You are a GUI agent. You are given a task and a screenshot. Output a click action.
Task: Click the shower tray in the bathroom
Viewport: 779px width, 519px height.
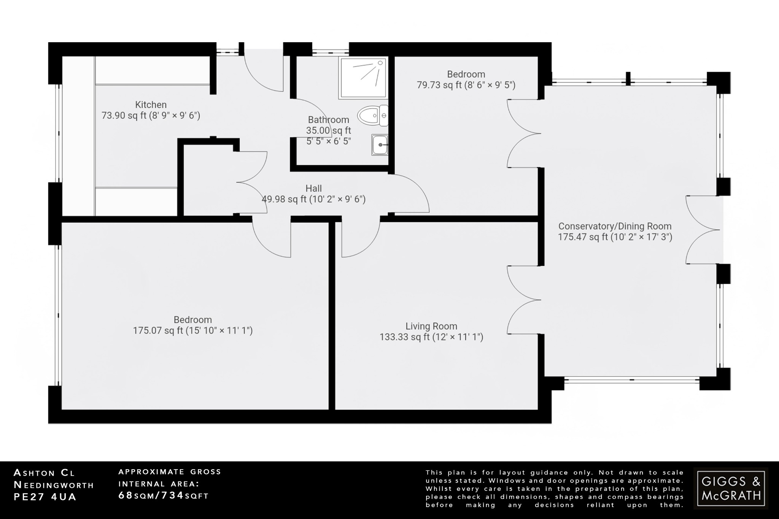point(363,78)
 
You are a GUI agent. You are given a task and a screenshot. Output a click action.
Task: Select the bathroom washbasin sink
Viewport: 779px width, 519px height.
point(380,145)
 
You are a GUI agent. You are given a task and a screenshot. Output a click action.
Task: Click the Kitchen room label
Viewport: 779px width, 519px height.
point(151,105)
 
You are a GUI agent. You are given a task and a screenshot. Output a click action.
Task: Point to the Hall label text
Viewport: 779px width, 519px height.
point(313,188)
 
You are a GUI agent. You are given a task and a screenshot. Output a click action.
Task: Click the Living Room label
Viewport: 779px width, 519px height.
point(431,326)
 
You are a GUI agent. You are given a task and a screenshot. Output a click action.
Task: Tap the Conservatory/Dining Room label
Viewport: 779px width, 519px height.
point(615,226)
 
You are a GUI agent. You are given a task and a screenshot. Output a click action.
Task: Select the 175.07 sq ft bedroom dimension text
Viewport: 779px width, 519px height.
point(192,330)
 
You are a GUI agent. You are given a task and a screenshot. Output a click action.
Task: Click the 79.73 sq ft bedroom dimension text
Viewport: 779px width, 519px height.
point(466,85)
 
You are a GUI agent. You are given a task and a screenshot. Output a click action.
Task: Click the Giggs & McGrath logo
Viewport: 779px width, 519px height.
point(731,488)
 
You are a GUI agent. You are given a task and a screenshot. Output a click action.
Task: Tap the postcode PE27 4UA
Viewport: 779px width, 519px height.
point(45,497)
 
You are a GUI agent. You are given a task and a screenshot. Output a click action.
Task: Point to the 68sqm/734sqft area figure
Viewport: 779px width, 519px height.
point(164,495)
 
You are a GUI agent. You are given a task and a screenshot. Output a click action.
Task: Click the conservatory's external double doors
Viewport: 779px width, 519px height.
point(702,230)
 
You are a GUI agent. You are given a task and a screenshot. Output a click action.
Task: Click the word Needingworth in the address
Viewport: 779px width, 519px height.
point(54,485)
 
